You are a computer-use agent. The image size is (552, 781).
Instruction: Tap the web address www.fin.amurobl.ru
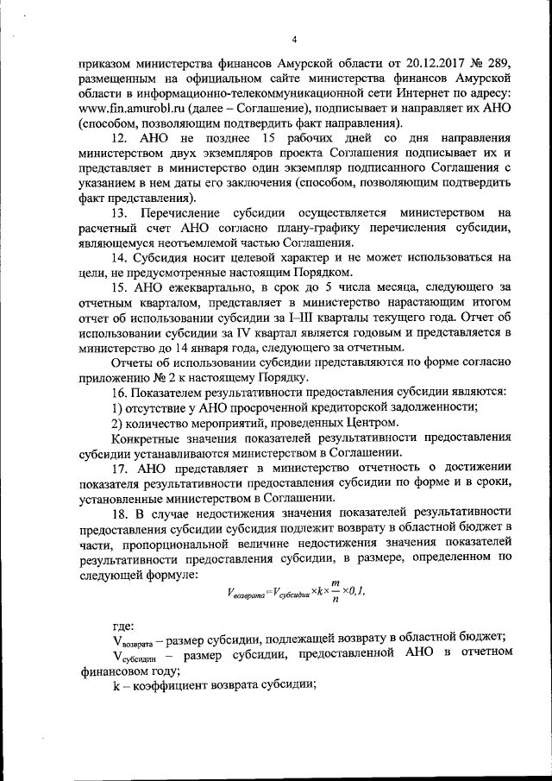(x=127, y=108)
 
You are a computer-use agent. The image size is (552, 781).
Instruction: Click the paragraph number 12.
(x=121, y=138)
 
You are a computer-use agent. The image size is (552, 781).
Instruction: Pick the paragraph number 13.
(x=121, y=213)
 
